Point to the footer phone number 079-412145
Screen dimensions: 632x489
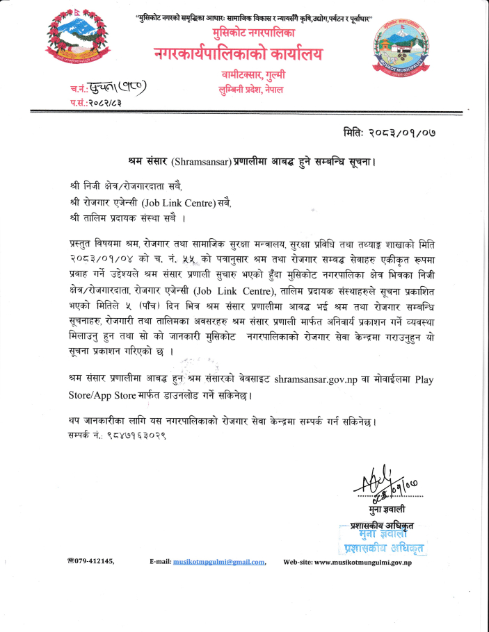pyautogui.click(x=93, y=560)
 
